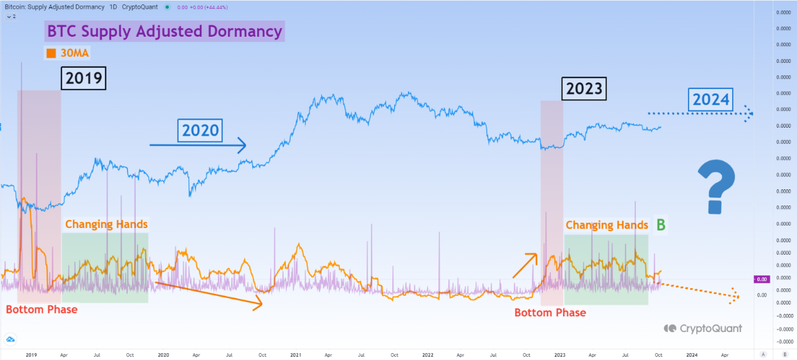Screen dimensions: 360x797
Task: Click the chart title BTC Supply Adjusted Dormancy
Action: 164,31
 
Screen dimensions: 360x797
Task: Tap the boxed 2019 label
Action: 83,79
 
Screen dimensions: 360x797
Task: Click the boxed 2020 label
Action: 200,130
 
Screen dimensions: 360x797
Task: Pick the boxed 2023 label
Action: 583,88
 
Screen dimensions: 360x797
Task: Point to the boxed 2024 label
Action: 711,99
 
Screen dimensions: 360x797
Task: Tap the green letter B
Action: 661,225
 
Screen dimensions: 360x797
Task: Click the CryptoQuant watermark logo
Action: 671,328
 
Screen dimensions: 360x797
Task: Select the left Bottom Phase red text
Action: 42,310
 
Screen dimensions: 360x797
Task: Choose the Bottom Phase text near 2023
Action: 550,313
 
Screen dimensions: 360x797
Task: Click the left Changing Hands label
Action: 106,224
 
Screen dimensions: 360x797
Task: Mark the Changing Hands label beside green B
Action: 606,225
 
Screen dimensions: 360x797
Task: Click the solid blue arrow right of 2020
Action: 198,146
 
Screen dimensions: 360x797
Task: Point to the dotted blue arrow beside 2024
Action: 700,113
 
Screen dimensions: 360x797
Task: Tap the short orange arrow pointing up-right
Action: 524,265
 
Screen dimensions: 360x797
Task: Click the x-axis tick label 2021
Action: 296,354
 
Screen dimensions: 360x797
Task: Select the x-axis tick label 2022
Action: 428,354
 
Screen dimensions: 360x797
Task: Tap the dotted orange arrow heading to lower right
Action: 697,290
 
